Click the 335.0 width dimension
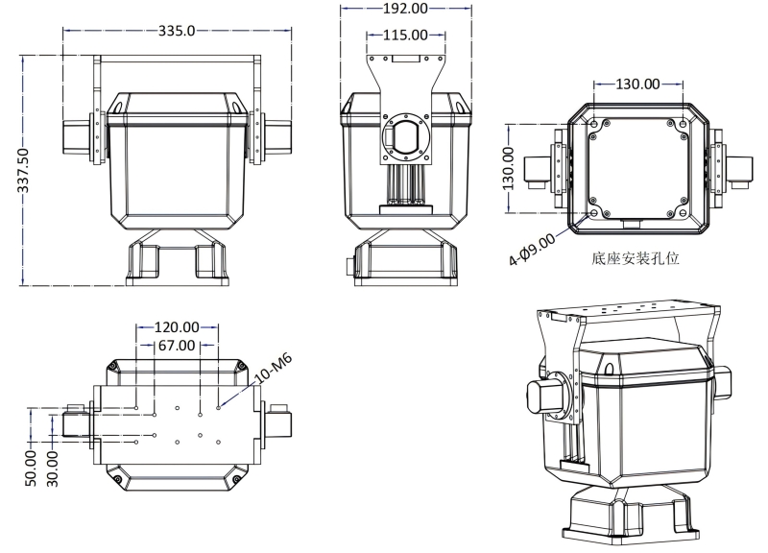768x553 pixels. coord(178,32)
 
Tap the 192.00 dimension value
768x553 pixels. coord(407,9)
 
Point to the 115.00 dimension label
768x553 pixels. coord(406,36)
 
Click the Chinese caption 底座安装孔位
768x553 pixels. coord(637,258)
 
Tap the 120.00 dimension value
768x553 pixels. coord(179,327)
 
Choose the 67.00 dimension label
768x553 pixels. coord(178,344)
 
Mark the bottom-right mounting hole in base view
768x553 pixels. coord(682,212)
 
